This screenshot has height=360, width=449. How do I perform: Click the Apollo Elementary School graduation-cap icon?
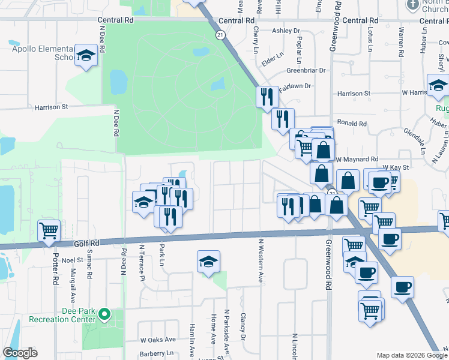click(86, 56)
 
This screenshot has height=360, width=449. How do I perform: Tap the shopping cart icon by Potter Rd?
click(49, 230)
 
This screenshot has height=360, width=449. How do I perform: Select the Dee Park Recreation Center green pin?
click(104, 314)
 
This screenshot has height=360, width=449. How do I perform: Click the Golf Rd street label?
click(88, 244)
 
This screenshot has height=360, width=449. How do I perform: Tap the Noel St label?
click(71, 260)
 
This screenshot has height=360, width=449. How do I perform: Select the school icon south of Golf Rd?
click(208, 261)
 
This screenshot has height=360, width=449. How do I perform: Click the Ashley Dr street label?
click(285, 31)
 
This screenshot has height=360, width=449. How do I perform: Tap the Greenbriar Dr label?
click(306, 70)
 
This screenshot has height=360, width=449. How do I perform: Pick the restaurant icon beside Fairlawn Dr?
click(267, 97)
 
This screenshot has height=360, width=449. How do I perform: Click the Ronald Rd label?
click(352, 124)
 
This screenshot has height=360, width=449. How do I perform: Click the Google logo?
click(20, 353)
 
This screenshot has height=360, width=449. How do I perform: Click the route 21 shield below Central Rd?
click(221, 36)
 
